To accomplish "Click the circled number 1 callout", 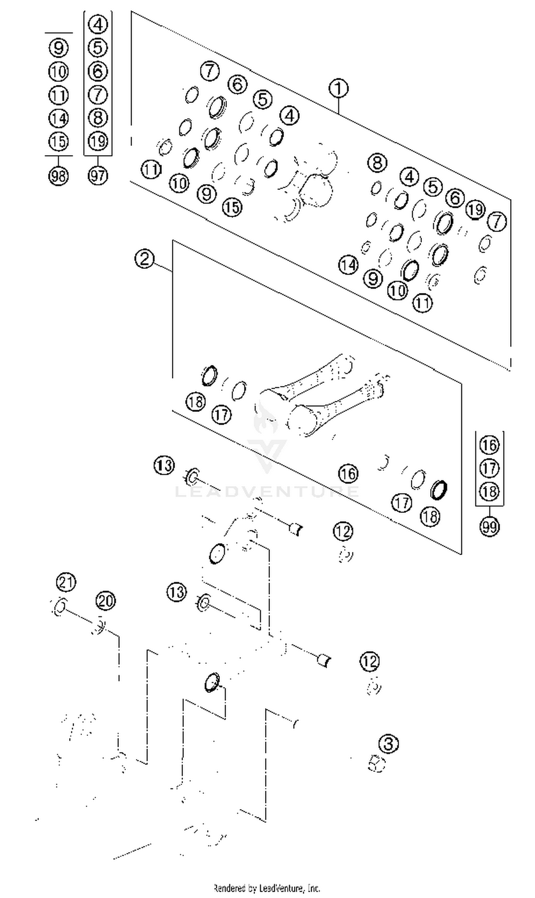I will point(338,89).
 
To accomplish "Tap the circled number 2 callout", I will point(144,259).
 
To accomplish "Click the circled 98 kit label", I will point(58,176).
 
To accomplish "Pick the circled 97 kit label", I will point(98,176).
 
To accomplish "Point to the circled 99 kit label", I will point(489,527).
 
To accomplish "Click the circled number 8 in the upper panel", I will point(377,162).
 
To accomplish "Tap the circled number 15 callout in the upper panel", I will point(232,207).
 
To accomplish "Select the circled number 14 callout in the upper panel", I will point(348,265).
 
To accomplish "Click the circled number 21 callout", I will point(66,583).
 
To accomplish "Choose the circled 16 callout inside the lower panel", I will point(348,473).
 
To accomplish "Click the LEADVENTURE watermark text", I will point(267,491).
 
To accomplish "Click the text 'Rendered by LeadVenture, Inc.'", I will point(267,888).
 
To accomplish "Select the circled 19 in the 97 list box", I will point(98,141).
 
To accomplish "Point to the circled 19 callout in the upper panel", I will point(475,209).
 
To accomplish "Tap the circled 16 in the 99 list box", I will point(489,445).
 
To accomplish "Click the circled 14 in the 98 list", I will point(58,118).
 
